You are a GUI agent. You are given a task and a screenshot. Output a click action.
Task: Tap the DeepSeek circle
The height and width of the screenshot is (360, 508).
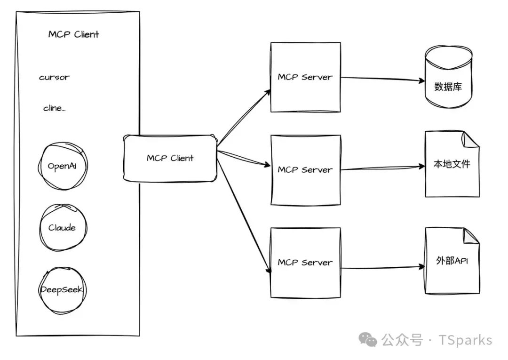pos(63,289)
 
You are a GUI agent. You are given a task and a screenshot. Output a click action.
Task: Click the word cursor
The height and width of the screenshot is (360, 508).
pos(54,78)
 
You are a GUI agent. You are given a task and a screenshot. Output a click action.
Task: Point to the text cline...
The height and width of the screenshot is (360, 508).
pos(54,108)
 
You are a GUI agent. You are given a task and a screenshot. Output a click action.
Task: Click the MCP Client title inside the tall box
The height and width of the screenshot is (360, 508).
pos(74,34)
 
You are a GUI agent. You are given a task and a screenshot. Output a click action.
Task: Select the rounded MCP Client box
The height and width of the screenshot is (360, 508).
pos(170,158)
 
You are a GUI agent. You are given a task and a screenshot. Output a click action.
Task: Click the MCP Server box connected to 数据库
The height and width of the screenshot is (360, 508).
pos(305,77)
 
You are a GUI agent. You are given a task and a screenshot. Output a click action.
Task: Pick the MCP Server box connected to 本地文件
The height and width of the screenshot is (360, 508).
pos(305,169)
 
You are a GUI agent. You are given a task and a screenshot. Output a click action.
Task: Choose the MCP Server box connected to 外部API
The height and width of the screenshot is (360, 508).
pos(305,263)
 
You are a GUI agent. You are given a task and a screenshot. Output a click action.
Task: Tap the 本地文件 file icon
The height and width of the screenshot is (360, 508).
pos(452,164)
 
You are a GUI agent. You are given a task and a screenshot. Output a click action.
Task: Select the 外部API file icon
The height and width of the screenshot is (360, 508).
pos(452,261)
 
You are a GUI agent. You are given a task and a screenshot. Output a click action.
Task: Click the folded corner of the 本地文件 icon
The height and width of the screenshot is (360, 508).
pos(470,139)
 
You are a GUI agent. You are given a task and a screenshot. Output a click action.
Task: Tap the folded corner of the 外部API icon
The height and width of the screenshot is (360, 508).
pos(470,236)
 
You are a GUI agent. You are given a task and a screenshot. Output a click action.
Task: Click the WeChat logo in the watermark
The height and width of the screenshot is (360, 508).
pos(368,340)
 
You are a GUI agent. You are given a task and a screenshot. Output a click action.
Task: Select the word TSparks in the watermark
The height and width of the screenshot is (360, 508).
pos(465,340)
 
